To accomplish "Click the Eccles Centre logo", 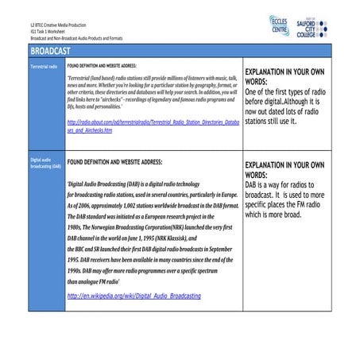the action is (x=280, y=22).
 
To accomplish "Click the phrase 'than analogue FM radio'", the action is (x=97, y=281).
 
